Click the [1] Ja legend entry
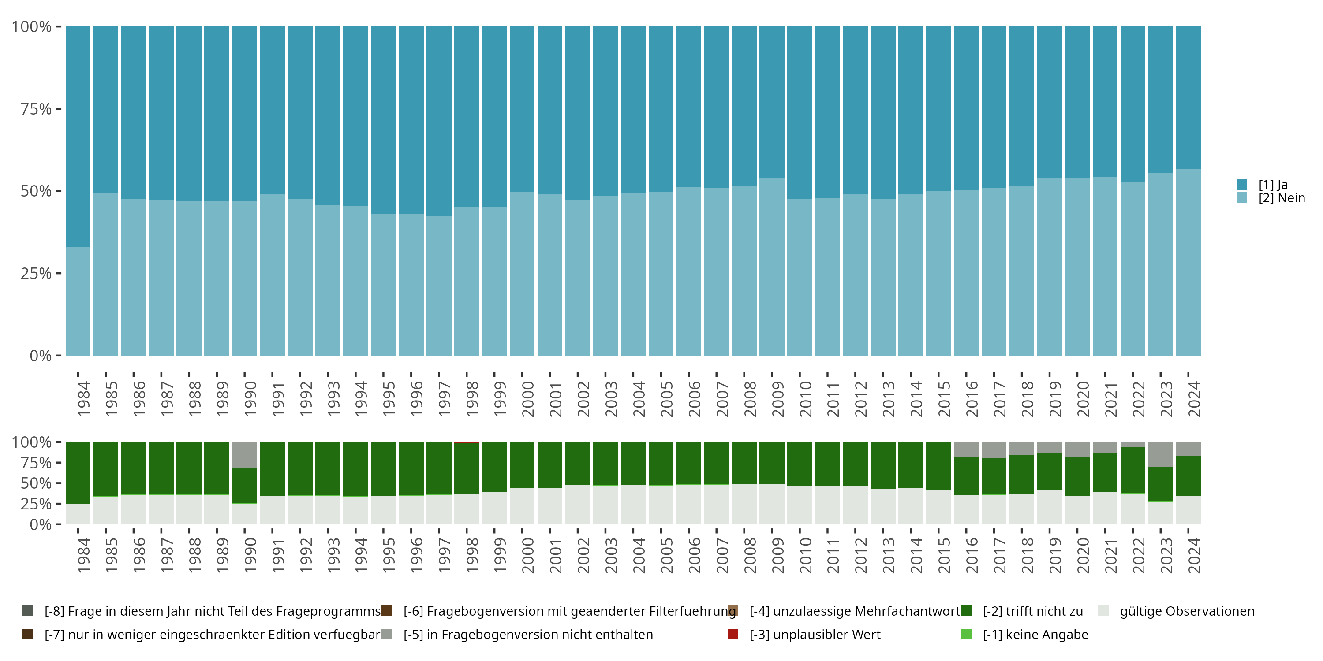pos(1273,185)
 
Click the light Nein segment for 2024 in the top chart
pos(1188,262)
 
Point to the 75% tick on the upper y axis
pos(36,109)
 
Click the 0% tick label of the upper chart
pos(41,356)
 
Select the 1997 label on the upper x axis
pos(444,399)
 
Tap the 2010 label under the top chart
pos(805,399)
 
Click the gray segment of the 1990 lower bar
pos(244,455)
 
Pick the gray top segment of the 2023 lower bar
pos(1160,454)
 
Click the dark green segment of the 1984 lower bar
pos(78,472)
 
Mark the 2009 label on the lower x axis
pos(777,555)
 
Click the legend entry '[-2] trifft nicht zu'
pos(1032,611)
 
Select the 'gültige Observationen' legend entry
pos(1186,611)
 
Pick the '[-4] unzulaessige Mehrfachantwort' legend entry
pos(854,611)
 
